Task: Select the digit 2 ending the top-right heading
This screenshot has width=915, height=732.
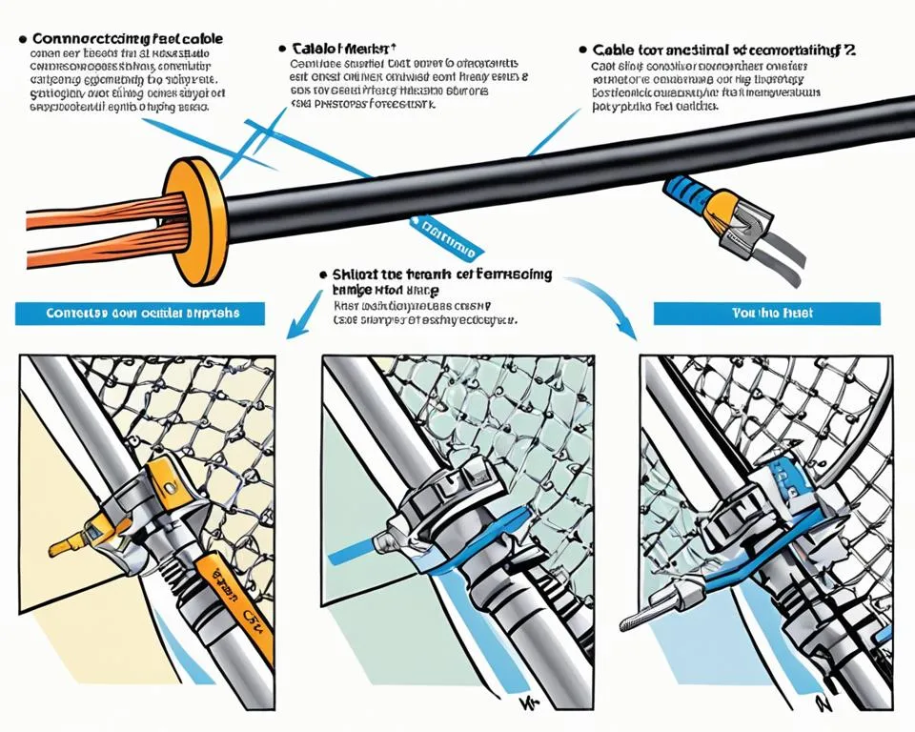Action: pos(850,50)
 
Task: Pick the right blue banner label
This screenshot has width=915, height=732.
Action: pos(767,314)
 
